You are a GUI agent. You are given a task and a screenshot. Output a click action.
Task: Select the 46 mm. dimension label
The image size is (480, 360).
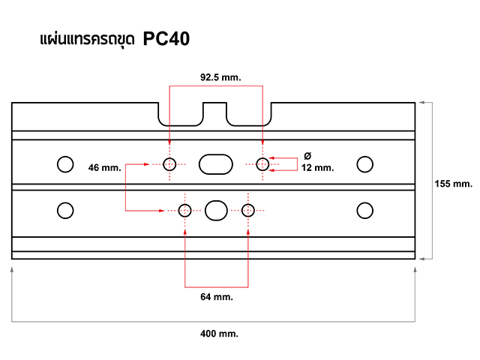pyautogui.click(x=104, y=167)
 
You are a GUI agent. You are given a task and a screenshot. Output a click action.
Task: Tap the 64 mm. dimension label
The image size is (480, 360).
pyautogui.click(x=217, y=297)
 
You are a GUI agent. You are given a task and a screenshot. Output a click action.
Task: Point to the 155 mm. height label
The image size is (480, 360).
pyautogui.click(x=452, y=183)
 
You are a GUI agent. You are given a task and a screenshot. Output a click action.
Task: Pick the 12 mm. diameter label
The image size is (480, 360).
pyautogui.click(x=317, y=168)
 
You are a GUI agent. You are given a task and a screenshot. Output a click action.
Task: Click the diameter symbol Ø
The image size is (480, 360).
pyautogui.click(x=307, y=155)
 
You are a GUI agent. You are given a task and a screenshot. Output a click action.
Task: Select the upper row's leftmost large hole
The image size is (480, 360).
pyautogui.click(x=65, y=163)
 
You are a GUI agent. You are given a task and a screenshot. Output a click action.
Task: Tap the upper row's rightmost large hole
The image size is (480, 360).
pyautogui.click(x=365, y=163)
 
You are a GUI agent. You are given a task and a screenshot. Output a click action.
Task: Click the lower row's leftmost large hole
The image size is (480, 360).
pyautogui.click(x=65, y=210)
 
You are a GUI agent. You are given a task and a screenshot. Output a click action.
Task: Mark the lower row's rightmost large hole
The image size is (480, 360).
pyautogui.click(x=365, y=210)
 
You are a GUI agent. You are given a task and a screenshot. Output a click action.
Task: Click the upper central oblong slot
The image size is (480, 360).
pyautogui.click(x=215, y=164)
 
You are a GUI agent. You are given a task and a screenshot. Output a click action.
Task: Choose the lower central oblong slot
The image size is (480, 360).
pyautogui.click(x=216, y=210)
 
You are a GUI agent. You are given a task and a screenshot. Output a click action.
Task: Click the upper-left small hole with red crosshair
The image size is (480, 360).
pyautogui.click(x=170, y=164)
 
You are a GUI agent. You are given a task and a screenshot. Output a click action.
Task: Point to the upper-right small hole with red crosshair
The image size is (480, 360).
pyautogui.click(x=262, y=164)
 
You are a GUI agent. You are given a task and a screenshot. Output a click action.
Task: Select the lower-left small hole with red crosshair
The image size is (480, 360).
pyautogui.click(x=185, y=210)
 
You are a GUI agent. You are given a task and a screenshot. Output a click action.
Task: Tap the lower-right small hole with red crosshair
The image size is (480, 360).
pyautogui.click(x=248, y=210)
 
